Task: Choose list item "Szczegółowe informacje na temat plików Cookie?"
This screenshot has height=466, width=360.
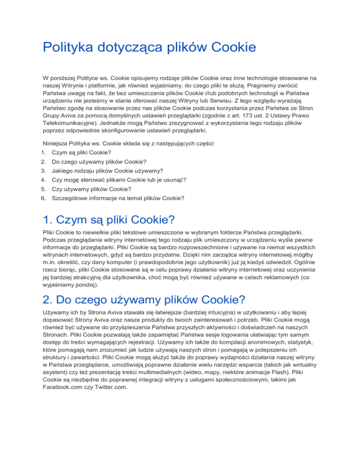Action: point(118,198)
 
